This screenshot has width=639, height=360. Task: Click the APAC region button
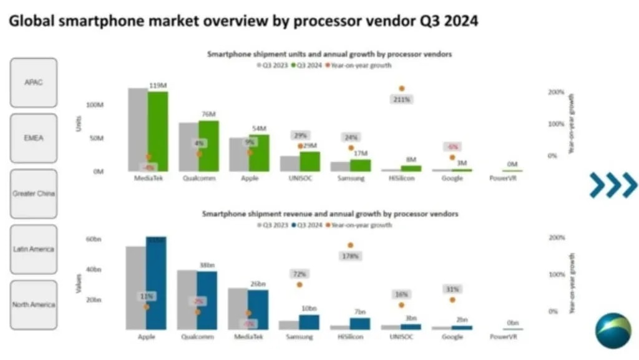tap(33, 82)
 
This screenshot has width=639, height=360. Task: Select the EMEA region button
tap(33, 138)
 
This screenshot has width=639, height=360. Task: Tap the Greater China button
tap(33, 193)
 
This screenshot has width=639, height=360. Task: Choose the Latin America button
tap(33, 249)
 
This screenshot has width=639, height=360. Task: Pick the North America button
tap(33, 304)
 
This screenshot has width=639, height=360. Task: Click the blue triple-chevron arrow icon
tap(613, 185)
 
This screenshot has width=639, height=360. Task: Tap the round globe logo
tap(613, 331)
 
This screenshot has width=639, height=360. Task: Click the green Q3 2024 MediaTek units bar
tap(158, 131)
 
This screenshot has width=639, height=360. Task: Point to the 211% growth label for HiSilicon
tap(402, 99)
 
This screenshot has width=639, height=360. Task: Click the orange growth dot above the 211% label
tap(402, 89)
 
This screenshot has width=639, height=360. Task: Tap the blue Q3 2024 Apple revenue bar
tap(156, 284)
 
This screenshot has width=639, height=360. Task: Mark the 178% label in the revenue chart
tap(350, 256)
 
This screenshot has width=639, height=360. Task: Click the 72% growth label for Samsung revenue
tap(300, 274)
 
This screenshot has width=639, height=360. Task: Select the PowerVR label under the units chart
tap(504, 178)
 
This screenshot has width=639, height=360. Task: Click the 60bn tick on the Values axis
tap(94, 239)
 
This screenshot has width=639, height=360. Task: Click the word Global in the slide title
tap(31, 21)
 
